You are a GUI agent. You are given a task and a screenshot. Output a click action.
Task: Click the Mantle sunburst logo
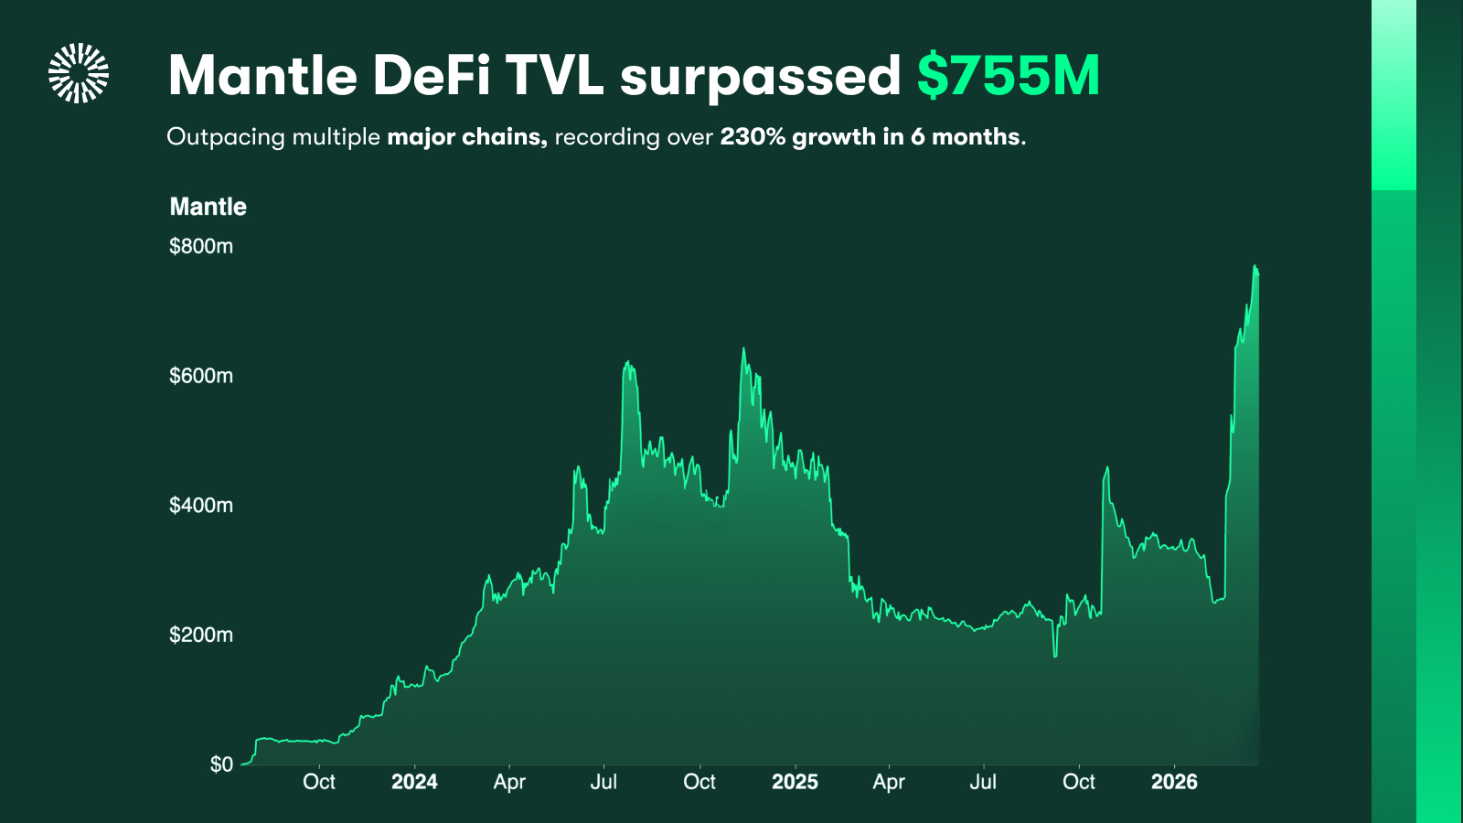point(79,73)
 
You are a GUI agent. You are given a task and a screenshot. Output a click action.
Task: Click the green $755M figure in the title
point(1008,75)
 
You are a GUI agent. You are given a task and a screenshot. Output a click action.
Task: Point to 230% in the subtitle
point(752,137)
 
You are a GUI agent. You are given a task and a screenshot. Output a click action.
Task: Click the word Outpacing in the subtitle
point(226,137)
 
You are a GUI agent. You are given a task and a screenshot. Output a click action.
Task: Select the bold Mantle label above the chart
point(208,207)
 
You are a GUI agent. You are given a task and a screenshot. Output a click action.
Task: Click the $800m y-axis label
point(201,246)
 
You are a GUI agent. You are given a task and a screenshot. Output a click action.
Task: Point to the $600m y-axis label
point(201,376)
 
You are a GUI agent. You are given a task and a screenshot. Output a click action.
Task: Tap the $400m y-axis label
point(201,506)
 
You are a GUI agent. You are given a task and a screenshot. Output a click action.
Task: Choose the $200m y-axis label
point(201,635)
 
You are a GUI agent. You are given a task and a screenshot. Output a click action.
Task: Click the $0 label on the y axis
point(221,764)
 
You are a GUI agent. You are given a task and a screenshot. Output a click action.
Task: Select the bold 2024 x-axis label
point(414,782)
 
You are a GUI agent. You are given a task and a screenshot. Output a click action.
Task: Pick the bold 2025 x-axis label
point(795,782)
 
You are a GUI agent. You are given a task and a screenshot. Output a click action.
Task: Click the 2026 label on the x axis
point(1174,782)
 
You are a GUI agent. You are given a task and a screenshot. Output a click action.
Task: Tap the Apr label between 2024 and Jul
point(509,782)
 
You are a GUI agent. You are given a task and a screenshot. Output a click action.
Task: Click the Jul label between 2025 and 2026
point(983,782)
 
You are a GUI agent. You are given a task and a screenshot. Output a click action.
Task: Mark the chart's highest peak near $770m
point(1255,267)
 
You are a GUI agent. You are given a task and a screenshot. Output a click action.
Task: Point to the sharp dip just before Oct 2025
point(1055,655)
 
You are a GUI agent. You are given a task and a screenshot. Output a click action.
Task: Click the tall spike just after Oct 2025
point(1107,469)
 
